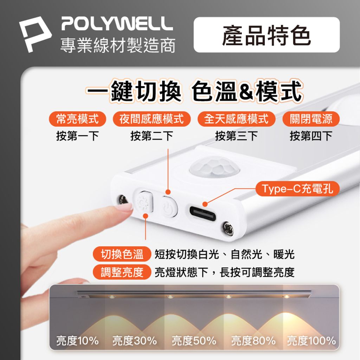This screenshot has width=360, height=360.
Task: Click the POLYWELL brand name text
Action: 117,23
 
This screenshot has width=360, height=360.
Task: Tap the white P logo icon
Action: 35,34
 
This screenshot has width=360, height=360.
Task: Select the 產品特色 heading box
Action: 266,35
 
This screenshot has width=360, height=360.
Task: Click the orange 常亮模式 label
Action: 77,119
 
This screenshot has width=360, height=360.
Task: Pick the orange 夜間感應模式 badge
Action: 152,119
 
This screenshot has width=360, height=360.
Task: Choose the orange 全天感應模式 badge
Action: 236,119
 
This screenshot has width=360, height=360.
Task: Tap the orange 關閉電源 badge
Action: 311,119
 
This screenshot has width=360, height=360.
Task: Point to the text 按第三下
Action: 236,136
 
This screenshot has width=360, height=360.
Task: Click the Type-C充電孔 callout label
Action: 297,189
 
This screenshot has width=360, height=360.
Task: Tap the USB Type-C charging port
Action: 203,213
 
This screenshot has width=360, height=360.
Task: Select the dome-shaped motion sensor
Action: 215,167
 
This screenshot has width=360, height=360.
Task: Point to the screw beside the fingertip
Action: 123,200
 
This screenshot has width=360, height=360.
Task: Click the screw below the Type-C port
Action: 228,228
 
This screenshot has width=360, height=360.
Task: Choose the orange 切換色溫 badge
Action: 122,254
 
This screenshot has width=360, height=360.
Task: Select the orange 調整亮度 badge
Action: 122,272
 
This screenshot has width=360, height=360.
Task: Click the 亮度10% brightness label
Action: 77,340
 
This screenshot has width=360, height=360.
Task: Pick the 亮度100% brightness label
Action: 311,340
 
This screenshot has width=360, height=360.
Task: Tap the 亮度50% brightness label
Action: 194,340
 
